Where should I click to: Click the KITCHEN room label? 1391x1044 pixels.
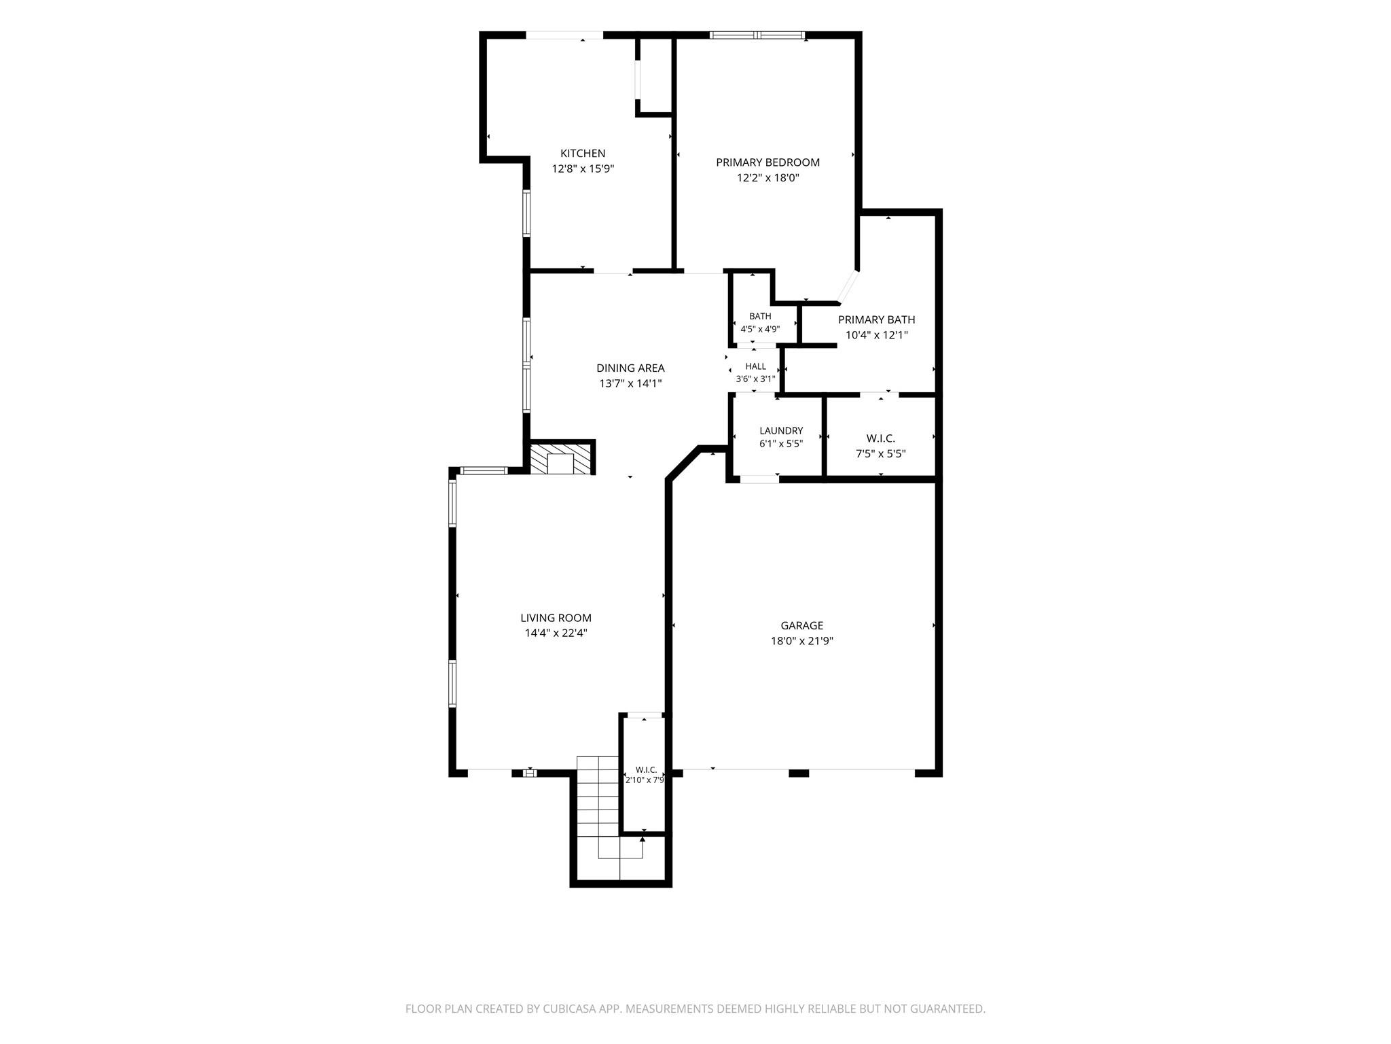(x=582, y=154)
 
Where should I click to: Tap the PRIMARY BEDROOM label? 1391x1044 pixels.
(x=767, y=162)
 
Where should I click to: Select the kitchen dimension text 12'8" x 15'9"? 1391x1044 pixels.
(x=583, y=169)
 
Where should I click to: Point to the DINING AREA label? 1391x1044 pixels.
(x=630, y=368)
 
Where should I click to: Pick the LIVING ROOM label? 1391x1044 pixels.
(x=556, y=618)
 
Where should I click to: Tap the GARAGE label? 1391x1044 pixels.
(x=801, y=625)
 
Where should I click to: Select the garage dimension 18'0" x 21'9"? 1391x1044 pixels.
(x=801, y=640)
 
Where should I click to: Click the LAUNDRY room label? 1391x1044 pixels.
(x=781, y=430)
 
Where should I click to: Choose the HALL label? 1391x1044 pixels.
(x=755, y=366)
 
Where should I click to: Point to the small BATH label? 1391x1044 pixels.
(x=760, y=316)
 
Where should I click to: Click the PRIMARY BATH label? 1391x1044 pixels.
(x=876, y=319)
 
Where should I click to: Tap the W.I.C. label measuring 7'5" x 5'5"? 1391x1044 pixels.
(x=880, y=438)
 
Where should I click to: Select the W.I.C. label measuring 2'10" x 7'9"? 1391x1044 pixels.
(x=645, y=769)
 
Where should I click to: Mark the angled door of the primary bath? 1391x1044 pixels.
(x=848, y=287)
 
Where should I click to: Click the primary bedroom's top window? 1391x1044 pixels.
(x=757, y=35)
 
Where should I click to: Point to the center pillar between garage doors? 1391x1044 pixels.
(x=799, y=773)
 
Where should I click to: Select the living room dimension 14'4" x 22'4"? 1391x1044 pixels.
(x=556, y=633)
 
